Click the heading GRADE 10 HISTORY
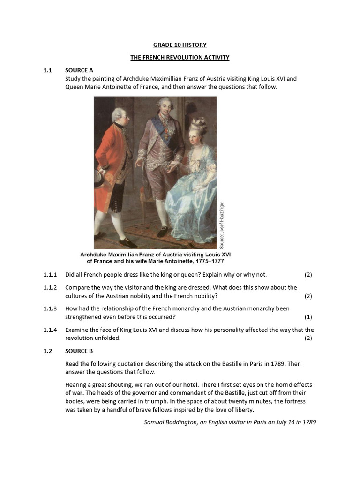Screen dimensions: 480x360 click(180, 45)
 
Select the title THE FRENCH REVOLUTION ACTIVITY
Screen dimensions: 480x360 click(180, 58)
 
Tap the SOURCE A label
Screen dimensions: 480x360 click(79, 70)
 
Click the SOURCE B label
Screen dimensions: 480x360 click(79, 351)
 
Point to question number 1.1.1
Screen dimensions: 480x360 click(50, 274)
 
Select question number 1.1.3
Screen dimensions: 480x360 click(50, 308)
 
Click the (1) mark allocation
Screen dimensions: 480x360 click(308, 317)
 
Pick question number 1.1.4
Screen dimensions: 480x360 click(50, 330)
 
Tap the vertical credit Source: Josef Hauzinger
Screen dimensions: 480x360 click(222, 225)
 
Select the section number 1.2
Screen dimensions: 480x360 click(48, 351)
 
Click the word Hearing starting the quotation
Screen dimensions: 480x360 click(76, 384)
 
